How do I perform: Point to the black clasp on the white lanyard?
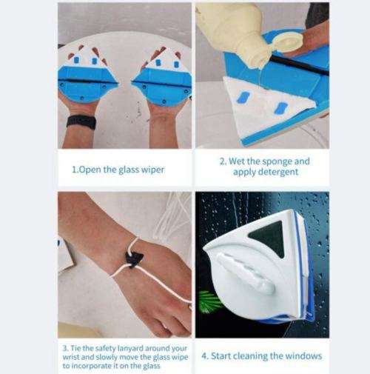tap(134, 258)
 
